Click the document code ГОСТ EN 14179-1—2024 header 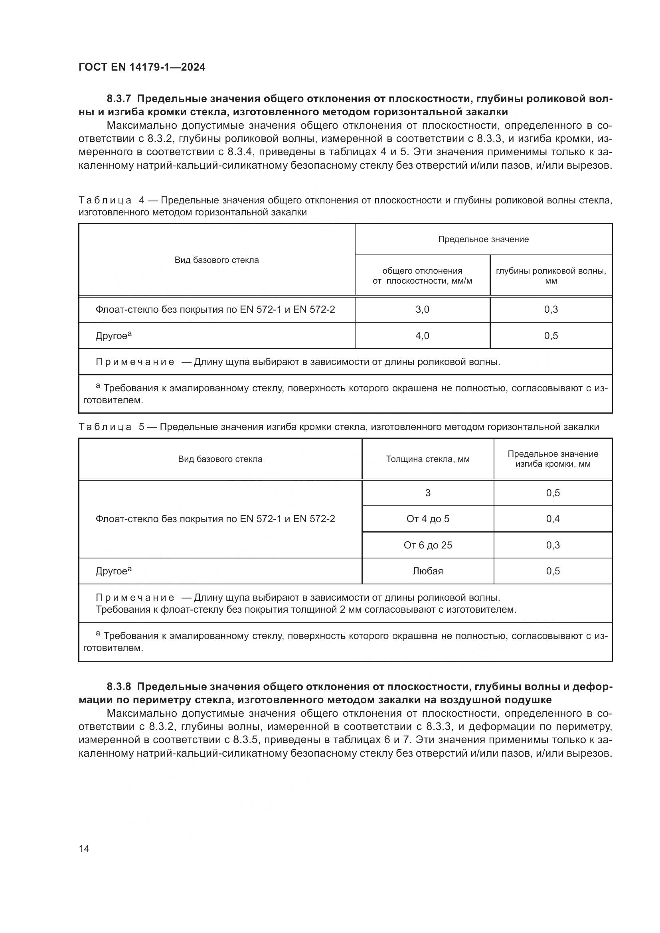pyautogui.click(x=142, y=67)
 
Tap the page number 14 pyautogui.click(x=84, y=848)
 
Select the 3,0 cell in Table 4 pyautogui.click(x=422, y=310)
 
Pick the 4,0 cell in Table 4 pyautogui.click(x=422, y=335)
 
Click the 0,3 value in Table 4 pyautogui.click(x=551, y=310)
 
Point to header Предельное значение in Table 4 pyautogui.click(x=483, y=239)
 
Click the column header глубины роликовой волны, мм pyautogui.click(x=551, y=276)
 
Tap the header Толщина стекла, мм pyautogui.click(x=427, y=459)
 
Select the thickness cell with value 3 pyautogui.click(x=427, y=493)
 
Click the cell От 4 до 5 pyautogui.click(x=427, y=519)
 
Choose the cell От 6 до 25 pyautogui.click(x=427, y=545)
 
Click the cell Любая pyautogui.click(x=427, y=571)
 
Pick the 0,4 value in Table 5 pyautogui.click(x=553, y=519)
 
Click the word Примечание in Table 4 pyautogui.click(x=135, y=362)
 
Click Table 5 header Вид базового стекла pyautogui.click(x=220, y=459)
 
